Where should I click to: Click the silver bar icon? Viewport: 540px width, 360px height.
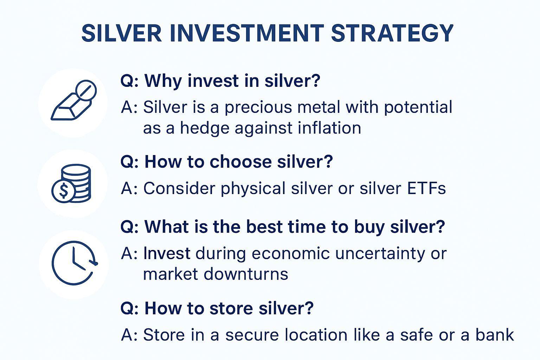click(x=73, y=100)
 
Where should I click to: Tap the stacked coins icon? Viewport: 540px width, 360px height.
click(x=71, y=184)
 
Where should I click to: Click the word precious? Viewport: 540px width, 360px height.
click(x=258, y=107)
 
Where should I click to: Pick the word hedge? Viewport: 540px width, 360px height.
click(x=205, y=128)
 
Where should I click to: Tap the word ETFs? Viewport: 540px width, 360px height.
click(x=426, y=188)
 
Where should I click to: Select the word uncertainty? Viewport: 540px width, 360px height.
click(x=380, y=254)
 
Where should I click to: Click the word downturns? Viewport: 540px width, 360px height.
click(x=246, y=274)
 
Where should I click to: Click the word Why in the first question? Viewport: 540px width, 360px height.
click(x=163, y=81)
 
